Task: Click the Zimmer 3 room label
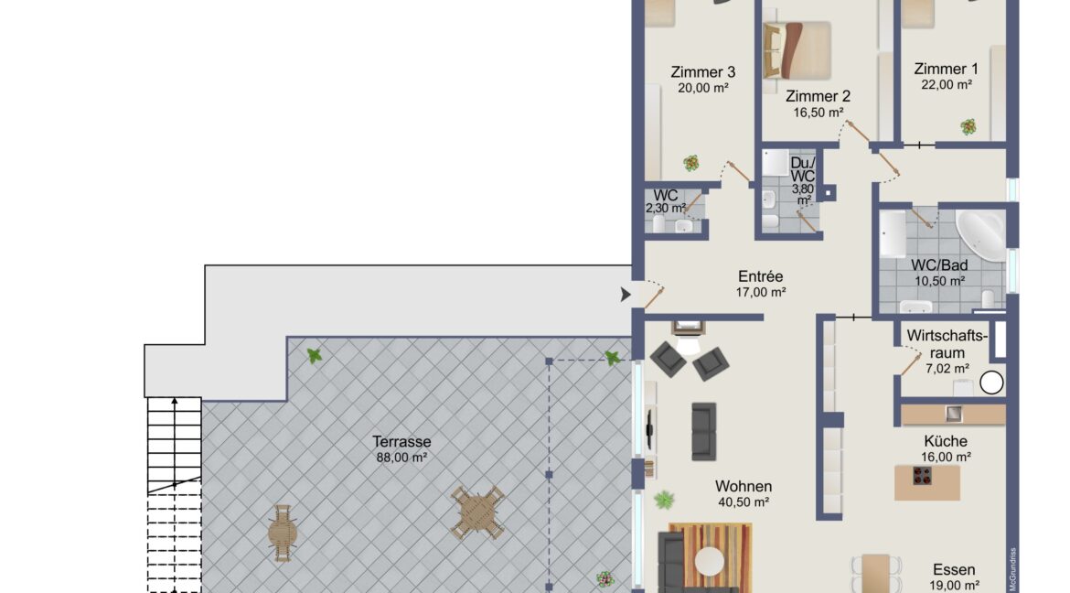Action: tap(703, 71)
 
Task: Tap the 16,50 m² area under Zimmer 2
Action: tap(819, 113)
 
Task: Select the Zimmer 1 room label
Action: tap(946, 69)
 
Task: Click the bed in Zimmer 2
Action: tap(797, 49)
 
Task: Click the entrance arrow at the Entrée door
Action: tap(625, 295)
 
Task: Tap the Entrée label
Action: tap(761, 276)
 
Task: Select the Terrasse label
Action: tap(401, 441)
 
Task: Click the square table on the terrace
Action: tap(477, 513)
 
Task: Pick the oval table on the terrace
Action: tap(283, 533)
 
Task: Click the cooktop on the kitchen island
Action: tap(922, 476)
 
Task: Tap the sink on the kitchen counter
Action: tap(953, 414)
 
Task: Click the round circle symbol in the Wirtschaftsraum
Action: tap(991, 383)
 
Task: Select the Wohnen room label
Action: tap(744, 487)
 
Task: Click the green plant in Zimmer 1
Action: tap(968, 127)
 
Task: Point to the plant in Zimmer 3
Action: tap(691, 163)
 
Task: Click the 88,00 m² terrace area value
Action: tap(401, 458)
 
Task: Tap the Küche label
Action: tap(946, 441)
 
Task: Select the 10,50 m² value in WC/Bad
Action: tap(939, 281)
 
